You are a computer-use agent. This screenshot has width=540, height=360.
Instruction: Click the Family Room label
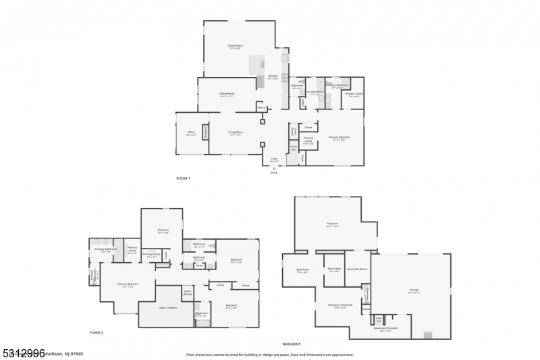[235, 46]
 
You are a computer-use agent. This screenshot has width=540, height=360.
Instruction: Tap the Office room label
[191, 133]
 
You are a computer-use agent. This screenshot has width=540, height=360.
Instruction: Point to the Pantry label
[261, 107]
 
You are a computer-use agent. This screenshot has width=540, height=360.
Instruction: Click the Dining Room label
[226, 95]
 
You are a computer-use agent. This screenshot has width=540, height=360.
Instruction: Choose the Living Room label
[236, 132]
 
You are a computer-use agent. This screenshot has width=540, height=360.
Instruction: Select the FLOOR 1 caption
[183, 178]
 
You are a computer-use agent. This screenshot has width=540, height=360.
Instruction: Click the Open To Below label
[168, 307]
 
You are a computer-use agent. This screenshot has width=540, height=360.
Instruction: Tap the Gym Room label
[302, 269]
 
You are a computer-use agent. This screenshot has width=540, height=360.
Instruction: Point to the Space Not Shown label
[357, 269]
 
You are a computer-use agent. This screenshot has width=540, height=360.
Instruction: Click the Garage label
[414, 290]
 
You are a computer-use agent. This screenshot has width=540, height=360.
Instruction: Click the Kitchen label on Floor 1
[273, 76]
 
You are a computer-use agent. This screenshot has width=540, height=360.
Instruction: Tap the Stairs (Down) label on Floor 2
[188, 293]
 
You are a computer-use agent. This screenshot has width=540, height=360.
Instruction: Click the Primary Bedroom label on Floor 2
[128, 284]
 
